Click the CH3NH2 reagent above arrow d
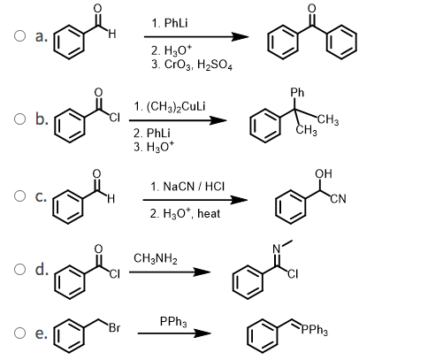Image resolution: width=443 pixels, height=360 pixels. coord(156,258)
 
